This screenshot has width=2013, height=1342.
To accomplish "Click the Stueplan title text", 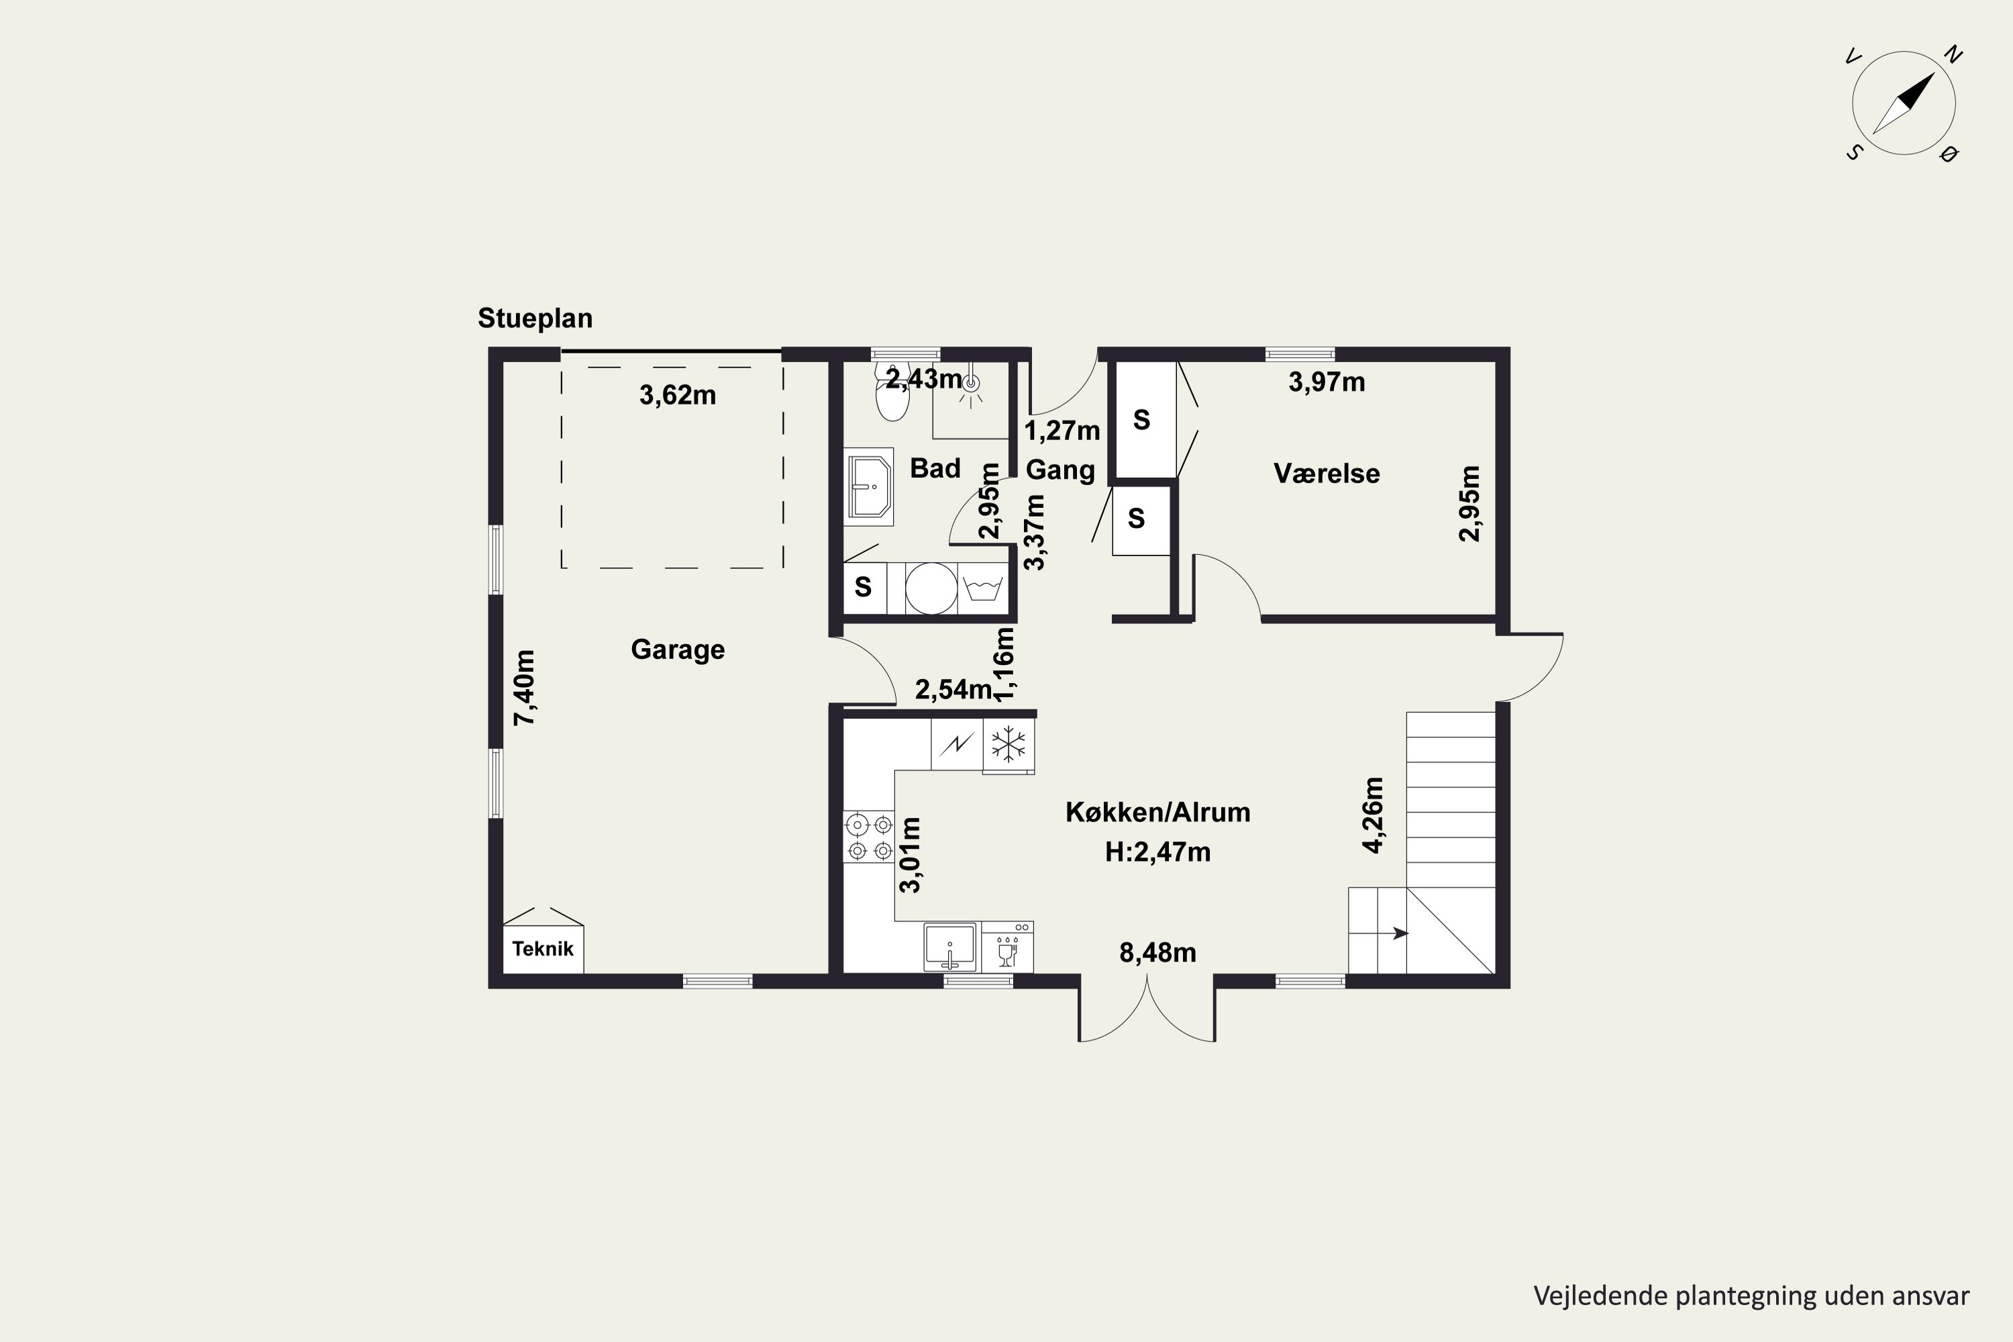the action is [535, 318].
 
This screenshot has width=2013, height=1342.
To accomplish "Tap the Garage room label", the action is [678, 650].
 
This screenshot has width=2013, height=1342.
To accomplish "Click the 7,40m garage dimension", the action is [525, 688].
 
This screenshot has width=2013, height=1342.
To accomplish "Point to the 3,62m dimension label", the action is [678, 395].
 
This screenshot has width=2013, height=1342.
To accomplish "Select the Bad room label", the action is [935, 468].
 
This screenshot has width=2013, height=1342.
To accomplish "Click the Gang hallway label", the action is [1060, 470].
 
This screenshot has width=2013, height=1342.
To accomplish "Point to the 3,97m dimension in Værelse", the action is [1327, 382].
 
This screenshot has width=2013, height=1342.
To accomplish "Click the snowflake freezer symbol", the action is [1009, 745].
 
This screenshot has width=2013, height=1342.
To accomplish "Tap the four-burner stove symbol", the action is [869, 837].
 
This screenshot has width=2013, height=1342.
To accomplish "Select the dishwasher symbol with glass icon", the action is [1007, 947].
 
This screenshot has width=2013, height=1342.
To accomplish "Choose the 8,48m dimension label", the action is [1158, 953].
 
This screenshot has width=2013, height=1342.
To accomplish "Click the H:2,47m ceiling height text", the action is [1158, 852].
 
